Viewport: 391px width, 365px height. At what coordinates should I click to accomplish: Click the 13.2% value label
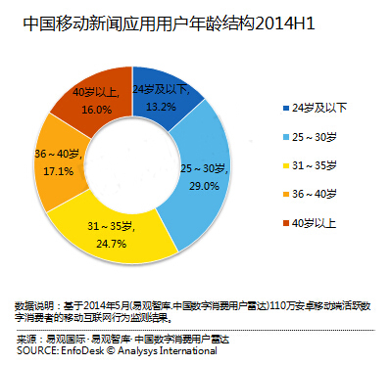pos(161,107)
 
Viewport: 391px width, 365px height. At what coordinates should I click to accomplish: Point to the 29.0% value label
pos(204,186)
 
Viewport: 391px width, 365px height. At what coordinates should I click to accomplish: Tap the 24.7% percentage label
pos(111,244)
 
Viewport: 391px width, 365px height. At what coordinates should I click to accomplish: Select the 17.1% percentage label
pos(58,171)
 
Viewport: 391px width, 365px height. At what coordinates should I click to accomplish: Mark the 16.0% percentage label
pos(96,110)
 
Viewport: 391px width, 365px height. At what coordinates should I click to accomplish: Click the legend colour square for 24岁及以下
pos(286,108)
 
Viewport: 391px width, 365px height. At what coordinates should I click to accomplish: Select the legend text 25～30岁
pos(315,137)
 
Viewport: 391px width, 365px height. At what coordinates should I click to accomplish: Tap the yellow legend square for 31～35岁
pos(286,165)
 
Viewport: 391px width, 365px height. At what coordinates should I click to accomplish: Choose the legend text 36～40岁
pos(315,194)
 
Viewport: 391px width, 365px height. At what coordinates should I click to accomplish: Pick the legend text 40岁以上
pos(314,223)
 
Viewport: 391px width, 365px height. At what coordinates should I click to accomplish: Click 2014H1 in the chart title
pos(284,23)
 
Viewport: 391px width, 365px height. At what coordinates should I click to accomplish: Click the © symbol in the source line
pos(111,351)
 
